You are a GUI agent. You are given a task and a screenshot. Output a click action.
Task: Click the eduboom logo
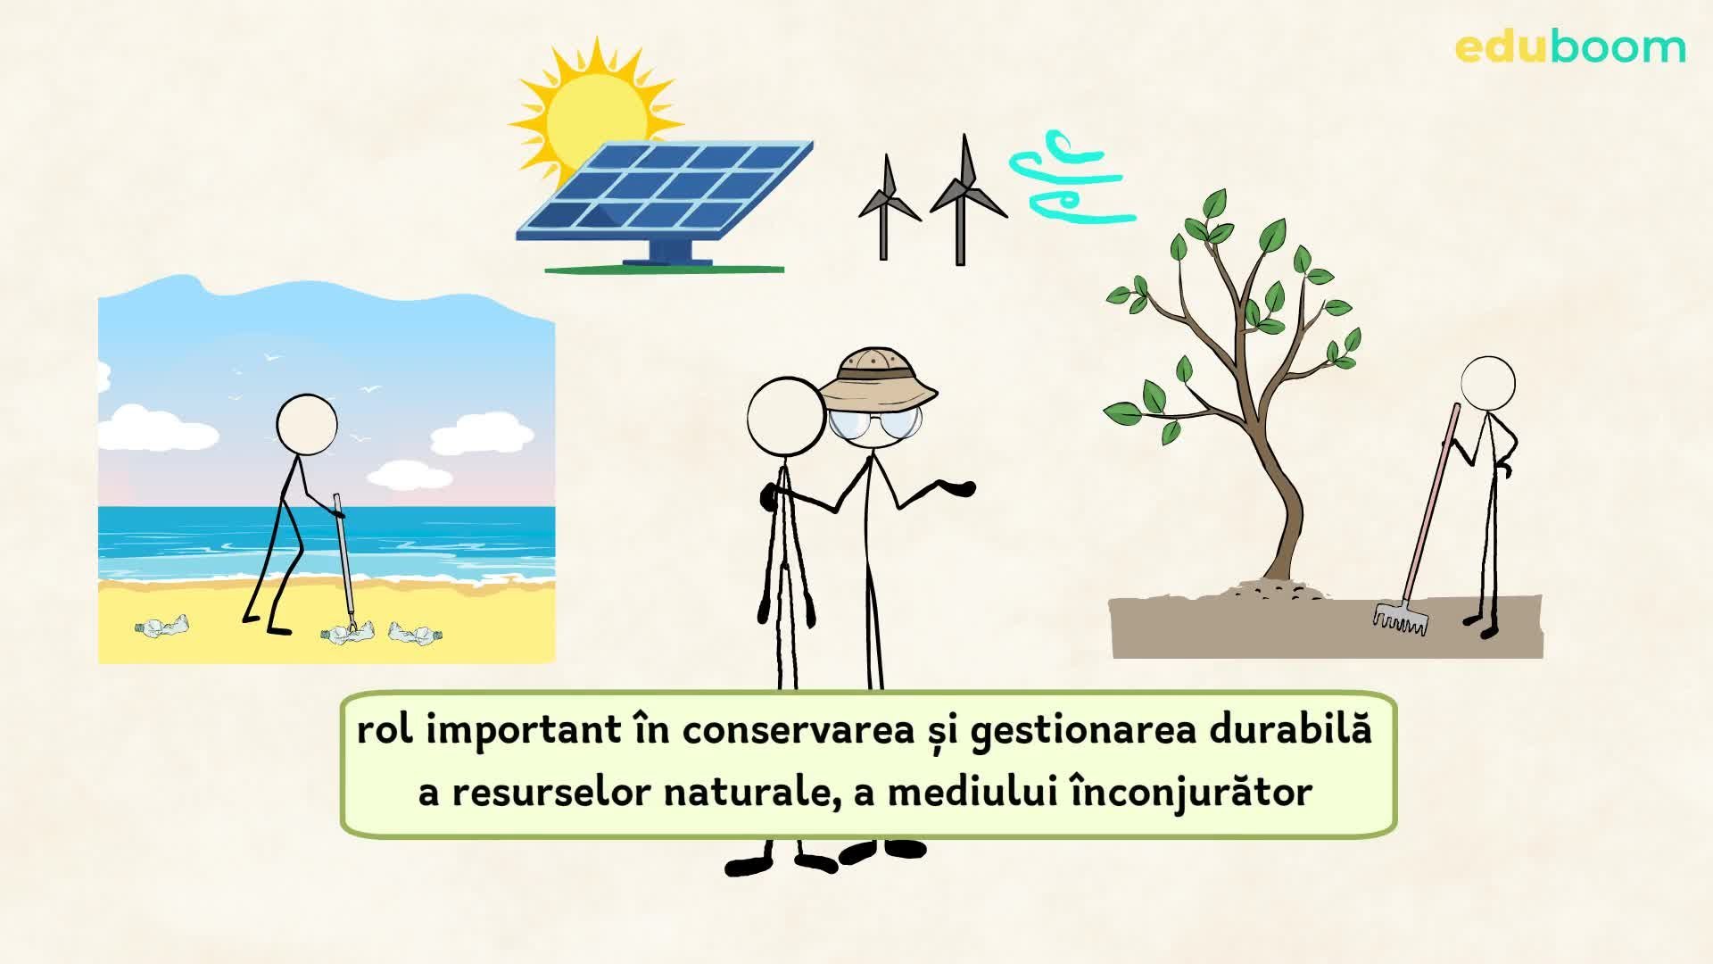tap(1570, 46)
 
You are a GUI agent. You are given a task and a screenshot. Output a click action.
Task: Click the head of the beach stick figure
tap(306, 425)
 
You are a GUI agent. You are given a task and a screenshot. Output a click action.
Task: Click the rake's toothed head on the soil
tap(1399, 618)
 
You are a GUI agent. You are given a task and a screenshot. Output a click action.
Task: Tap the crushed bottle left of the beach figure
tap(163, 627)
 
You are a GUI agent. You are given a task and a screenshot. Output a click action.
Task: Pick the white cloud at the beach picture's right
tap(482, 437)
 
